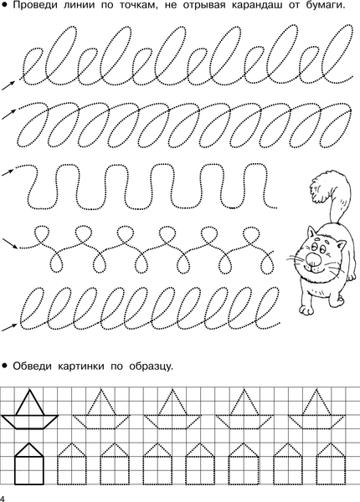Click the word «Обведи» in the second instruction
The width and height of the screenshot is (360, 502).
click(x=32, y=366)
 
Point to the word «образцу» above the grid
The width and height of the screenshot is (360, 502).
click(x=152, y=366)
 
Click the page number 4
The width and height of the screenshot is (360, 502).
click(x=3, y=498)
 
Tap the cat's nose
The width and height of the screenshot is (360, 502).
click(x=312, y=259)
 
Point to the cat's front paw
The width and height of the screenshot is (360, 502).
click(x=306, y=309)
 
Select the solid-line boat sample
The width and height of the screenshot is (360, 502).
click(x=30, y=408)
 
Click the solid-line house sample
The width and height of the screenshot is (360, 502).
click(x=28, y=464)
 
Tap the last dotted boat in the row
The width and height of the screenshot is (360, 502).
click(x=316, y=408)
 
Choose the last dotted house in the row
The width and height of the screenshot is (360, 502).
click(x=332, y=464)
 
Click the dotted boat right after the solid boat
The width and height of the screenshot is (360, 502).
click(x=101, y=408)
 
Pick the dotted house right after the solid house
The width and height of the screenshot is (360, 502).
click(x=71, y=464)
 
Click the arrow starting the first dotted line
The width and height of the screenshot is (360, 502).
click(x=8, y=85)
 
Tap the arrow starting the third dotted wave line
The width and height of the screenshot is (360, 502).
click(x=8, y=172)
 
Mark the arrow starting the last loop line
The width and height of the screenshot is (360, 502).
click(x=9, y=327)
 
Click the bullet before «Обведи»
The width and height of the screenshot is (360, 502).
click(x=4, y=366)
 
